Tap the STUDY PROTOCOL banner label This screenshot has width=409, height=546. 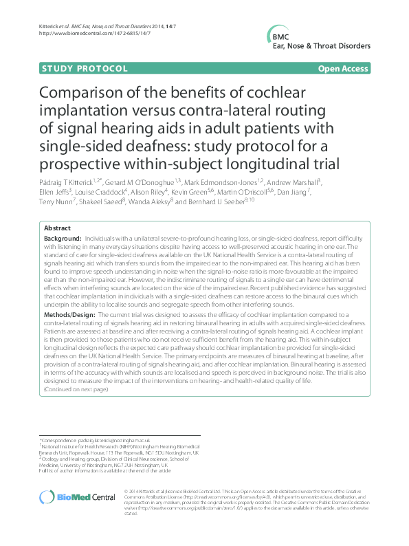point(85,69)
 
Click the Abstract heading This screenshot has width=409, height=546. point(56,228)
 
